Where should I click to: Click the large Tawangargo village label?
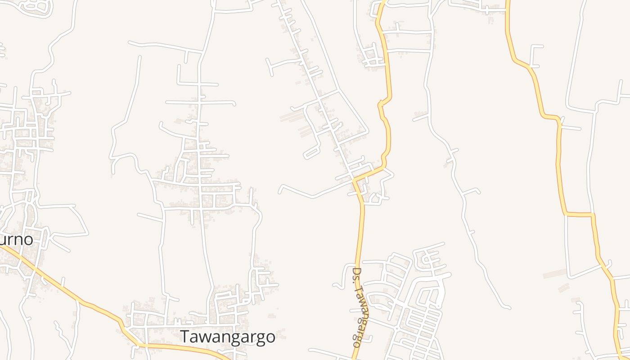(x=228, y=337)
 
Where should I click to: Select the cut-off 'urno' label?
(x=16, y=239)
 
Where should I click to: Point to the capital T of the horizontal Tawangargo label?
(x=185, y=337)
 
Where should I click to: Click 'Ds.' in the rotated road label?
(x=357, y=275)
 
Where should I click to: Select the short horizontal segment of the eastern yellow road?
(x=579, y=214)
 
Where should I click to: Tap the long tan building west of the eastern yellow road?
(x=554, y=274)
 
